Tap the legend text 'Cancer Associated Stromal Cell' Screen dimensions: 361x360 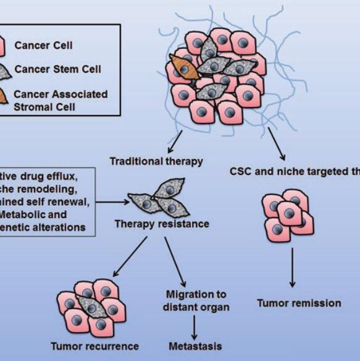[x=61, y=100]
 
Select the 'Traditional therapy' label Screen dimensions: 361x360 [x=156, y=161]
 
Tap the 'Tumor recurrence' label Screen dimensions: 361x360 [x=95, y=346]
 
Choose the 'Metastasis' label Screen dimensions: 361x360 [x=195, y=346]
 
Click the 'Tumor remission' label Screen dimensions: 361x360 [x=298, y=303]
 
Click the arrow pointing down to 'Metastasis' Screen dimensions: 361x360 [x=195, y=325]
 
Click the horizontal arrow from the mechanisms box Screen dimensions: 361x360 [x=111, y=201]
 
